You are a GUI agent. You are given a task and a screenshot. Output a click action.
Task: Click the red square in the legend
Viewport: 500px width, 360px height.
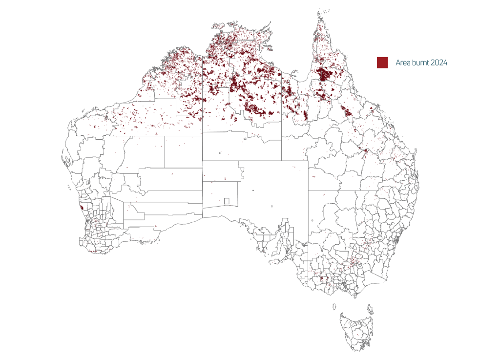coord(382,63)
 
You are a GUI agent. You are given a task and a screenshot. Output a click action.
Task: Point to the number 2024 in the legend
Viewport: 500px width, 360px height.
coord(439,63)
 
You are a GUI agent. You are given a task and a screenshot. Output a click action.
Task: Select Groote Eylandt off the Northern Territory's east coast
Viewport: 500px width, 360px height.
coord(268,48)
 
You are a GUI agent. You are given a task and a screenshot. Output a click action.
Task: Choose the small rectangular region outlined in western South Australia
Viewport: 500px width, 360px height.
coord(227,201)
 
